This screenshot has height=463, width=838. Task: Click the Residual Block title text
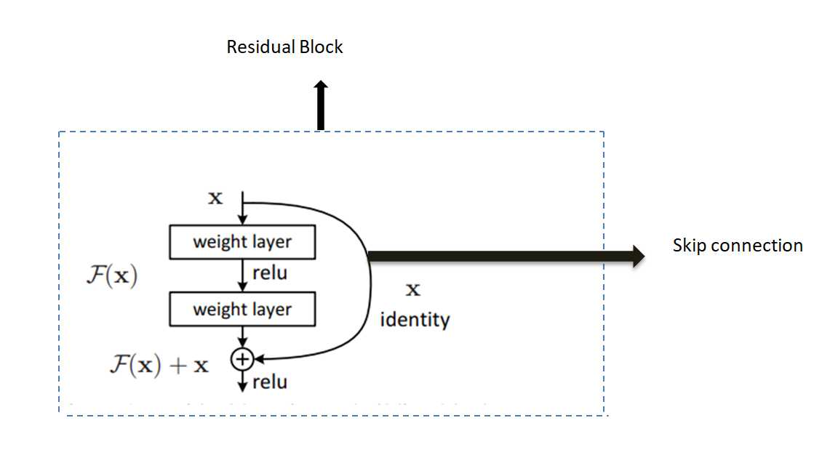[x=284, y=48]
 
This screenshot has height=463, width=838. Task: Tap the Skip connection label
[x=737, y=246]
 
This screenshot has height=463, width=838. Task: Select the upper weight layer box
[x=242, y=243]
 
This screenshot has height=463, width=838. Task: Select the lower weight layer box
[x=242, y=310]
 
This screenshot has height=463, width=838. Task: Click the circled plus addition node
[x=242, y=358]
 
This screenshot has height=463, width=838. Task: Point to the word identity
[x=415, y=319]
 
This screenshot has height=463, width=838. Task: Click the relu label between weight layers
[x=270, y=274]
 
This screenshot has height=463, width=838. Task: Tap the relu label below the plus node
[x=270, y=382]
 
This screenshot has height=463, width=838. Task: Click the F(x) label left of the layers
[x=111, y=277]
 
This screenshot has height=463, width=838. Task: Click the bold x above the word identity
[x=412, y=290]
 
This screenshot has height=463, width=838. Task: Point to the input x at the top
[x=215, y=198]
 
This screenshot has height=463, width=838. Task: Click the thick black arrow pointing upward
[x=321, y=105]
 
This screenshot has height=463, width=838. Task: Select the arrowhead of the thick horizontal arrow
[x=639, y=255]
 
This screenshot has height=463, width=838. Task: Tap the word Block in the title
[x=321, y=48]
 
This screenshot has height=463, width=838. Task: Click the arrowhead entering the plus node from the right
[x=258, y=358]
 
